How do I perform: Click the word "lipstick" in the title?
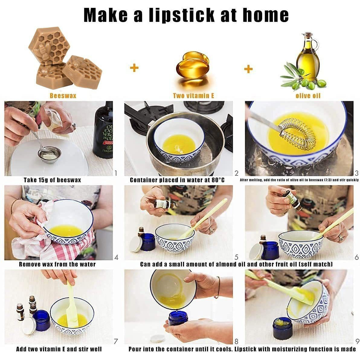click(x=182, y=15)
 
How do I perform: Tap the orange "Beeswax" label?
click(x=63, y=96)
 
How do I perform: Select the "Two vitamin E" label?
click(x=194, y=96)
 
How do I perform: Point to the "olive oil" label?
click(x=308, y=96)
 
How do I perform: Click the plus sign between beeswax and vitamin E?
click(x=134, y=68)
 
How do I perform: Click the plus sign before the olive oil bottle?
click(x=248, y=69)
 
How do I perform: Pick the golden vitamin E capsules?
click(x=193, y=63)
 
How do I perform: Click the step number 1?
click(x=116, y=173)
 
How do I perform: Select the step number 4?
click(x=116, y=257)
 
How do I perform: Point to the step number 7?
click(x=116, y=341)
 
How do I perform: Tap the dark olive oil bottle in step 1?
click(x=103, y=130)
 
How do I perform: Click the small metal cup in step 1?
click(x=49, y=155)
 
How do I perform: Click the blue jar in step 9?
click(x=283, y=329)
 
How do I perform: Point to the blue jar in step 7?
click(x=41, y=320)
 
